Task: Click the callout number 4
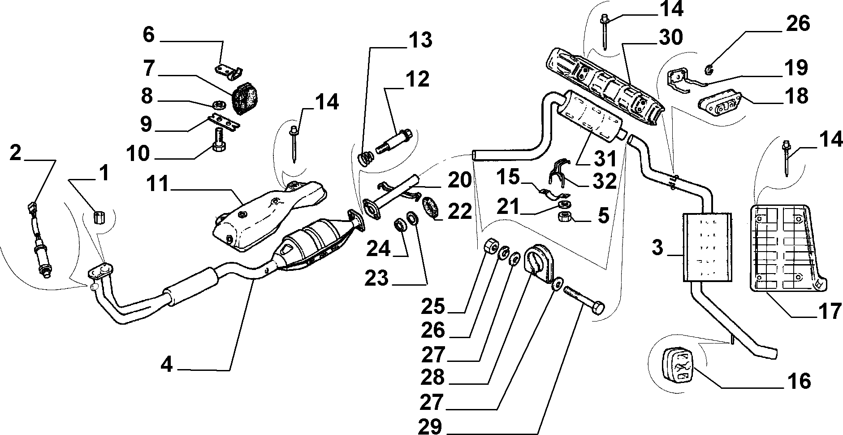click(x=166, y=365)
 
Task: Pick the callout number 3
click(x=657, y=248)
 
